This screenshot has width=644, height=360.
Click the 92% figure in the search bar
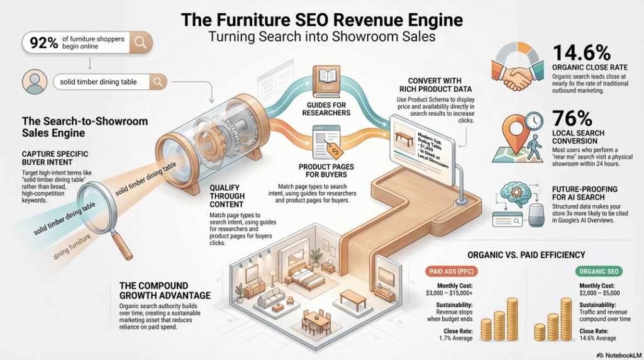[41, 43]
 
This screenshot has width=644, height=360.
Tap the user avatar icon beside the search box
[35, 82]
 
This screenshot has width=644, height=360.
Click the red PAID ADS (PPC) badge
[452, 272]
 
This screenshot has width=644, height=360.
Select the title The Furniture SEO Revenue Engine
[321, 20]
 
